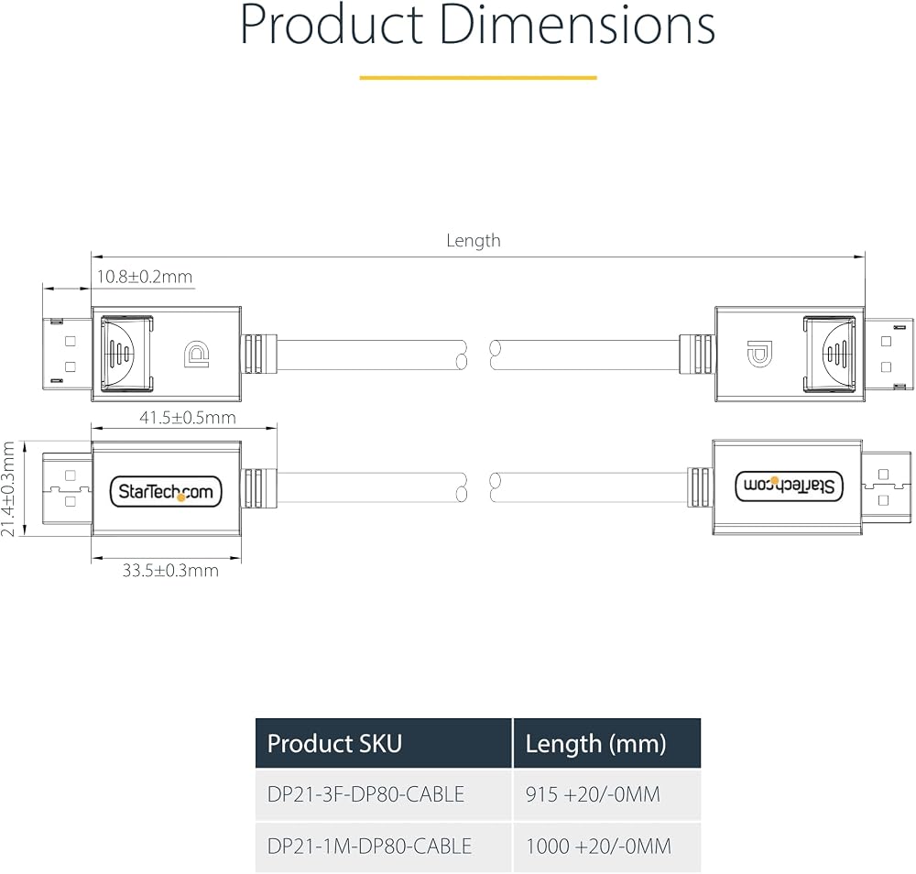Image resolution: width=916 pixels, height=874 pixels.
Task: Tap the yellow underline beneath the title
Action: pyautogui.click(x=478, y=77)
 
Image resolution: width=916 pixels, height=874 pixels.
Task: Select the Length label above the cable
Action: pyautogui.click(x=474, y=241)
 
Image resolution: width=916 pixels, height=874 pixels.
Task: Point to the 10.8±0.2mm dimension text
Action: pyautogui.click(x=145, y=277)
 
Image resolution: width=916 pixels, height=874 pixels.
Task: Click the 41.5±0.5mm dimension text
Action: pyautogui.click(x=188, y=418)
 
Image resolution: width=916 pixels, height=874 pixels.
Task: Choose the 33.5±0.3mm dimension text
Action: pyautogui.click(x=170, y=570)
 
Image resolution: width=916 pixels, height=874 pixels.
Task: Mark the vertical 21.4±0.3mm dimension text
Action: pyautogui.click(x=8, y=488)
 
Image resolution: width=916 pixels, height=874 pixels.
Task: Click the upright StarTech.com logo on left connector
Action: pyautogui.click(x=166, y=492)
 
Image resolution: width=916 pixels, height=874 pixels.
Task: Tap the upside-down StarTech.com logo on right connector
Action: pyautogui.click(x=789, y=486)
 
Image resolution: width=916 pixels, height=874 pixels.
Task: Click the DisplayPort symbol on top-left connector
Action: pyautogui.click(x=197, y=354)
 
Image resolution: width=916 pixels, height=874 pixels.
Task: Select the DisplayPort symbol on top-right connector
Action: pyautogui.click(x=758, y=354)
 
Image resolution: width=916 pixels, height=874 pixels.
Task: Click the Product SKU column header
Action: pyautogui.click(x=334, y=744)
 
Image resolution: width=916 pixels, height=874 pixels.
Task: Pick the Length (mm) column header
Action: pyautogui.click(x=596, y=744)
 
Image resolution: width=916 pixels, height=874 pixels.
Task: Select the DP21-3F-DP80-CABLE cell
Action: pyautogui.click(x=365, y=794)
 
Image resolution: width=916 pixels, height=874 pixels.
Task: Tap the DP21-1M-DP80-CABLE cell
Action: pyautogui.click(x=369, y=846)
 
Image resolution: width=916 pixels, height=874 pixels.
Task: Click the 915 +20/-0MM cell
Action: pyautogui.click(x=593, y=794)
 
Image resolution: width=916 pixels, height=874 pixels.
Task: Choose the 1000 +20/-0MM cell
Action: pyautogui.click(x=599, y=846)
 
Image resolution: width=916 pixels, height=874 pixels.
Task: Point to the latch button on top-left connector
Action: pyautogui.click(x=126, y=354)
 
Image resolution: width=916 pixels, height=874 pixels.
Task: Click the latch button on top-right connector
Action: pyautogui.click(x=830, y=354)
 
